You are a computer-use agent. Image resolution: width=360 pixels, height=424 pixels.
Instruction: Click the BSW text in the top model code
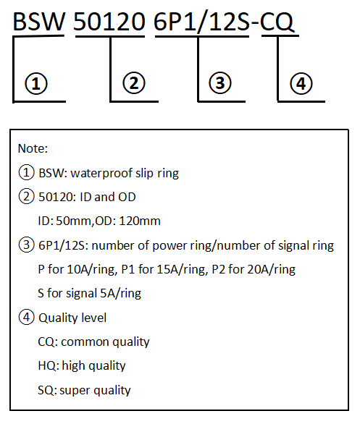(39, 22)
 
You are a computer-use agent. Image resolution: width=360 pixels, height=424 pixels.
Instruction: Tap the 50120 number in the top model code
(109, 22)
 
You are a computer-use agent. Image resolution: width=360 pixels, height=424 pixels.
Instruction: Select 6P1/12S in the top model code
(201, 22)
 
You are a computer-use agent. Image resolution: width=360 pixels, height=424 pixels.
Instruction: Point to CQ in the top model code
(277, 22)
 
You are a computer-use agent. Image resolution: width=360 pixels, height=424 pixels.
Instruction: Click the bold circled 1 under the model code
(36, 83)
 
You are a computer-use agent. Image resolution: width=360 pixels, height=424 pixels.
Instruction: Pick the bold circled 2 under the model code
(134, 83)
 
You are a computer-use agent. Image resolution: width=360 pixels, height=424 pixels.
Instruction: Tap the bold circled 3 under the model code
(220, 83)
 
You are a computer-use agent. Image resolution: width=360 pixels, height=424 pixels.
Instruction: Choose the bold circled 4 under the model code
(301, 83)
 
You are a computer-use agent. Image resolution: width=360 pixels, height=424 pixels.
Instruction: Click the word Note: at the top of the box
(33, 148)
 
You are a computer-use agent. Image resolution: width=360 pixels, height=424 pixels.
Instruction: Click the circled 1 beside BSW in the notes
(26, 172)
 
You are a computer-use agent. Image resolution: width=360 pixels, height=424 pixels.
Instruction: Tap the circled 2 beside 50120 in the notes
(26, 196)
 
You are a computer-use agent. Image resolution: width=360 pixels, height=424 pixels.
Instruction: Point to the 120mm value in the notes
(140, 221)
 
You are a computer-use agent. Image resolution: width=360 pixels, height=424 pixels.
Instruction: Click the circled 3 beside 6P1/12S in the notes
(26, 245)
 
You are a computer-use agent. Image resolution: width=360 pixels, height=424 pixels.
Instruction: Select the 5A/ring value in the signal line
(120, 293)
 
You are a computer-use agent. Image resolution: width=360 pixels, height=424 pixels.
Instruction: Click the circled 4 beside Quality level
(26, 317)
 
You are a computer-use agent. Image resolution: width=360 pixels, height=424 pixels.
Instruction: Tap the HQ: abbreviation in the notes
(49, 366)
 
